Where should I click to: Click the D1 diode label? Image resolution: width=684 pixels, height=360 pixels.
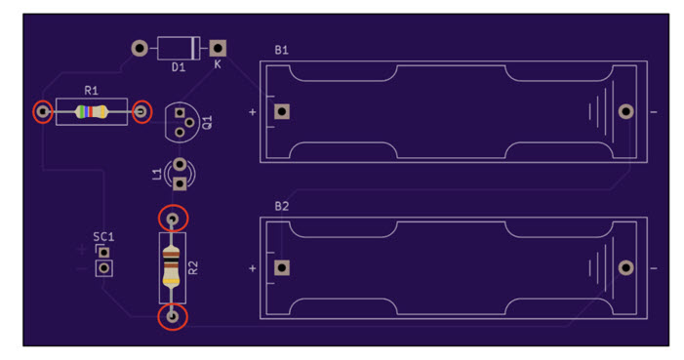click(178, 67)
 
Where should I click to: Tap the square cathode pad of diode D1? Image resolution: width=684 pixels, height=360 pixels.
click(218, 48)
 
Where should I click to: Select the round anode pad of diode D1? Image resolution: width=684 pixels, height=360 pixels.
click(140, 48)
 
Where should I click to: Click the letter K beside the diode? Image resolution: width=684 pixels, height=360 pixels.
click(218, 64)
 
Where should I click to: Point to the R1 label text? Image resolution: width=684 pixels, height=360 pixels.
click(91, 91)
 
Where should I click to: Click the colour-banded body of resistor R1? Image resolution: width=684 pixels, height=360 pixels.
click(91, 112)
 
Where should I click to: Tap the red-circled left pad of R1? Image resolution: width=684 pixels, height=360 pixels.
click(43, 112)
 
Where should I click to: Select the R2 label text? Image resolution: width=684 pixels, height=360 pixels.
click(193, 267)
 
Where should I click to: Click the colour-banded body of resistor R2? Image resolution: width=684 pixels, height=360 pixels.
click(172, 266)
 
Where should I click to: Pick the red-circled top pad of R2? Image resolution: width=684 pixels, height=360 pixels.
click(173, 219)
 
